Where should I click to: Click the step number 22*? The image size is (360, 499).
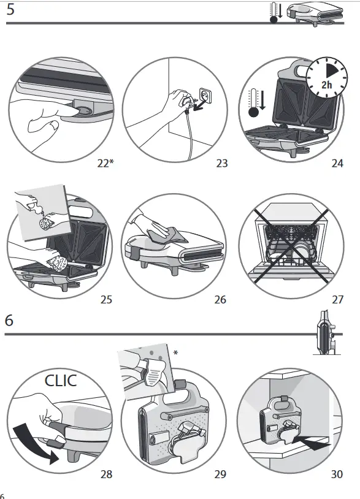coord(105,163)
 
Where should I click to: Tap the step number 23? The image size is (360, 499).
coord(222,163)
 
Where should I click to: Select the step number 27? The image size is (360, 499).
coord(337,300)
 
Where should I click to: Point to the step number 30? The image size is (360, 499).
coord(337,474)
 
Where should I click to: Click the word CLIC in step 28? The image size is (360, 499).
coord(61,381)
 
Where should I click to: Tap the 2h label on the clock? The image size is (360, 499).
coord(327,85)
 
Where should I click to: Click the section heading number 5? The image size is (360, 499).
coord(10,9)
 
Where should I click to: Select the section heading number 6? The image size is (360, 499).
coord(9,320)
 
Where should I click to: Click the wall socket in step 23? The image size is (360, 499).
coord(205,95)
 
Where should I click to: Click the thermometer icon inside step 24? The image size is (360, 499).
coord(254,102)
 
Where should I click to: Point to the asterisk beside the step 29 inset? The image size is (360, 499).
coord(175,353)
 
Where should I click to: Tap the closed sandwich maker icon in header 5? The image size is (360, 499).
coord(315,14)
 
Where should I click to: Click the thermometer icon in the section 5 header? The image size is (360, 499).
coord(275,13)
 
